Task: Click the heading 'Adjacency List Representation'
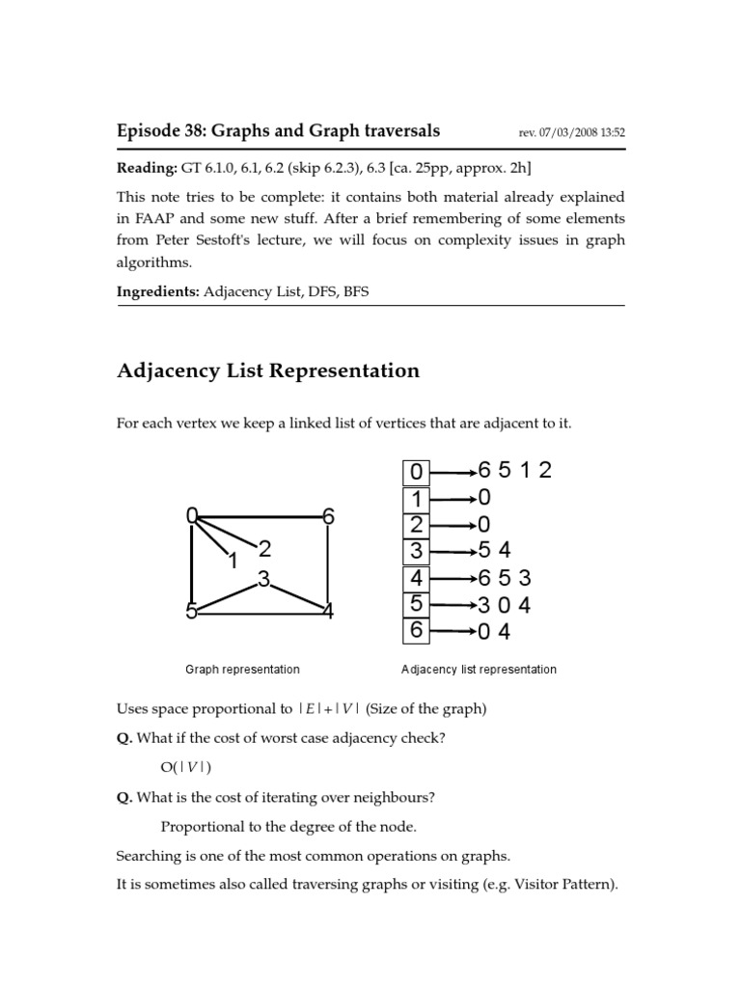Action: [268, 370]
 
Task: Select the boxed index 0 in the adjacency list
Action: [416, 472]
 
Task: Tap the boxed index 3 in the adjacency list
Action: [416, 552]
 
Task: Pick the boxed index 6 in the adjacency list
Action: [416, 632]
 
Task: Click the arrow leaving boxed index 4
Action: [453, 579]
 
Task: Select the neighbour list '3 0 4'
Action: [505, 606]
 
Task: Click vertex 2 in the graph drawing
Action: [264, 549]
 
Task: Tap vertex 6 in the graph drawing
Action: [328, 517]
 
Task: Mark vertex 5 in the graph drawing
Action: [193, 611]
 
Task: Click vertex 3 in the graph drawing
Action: [261, 580]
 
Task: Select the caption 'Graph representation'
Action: [242, 669]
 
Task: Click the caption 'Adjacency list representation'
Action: [479, 669]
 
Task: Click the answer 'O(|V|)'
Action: [185, 767]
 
